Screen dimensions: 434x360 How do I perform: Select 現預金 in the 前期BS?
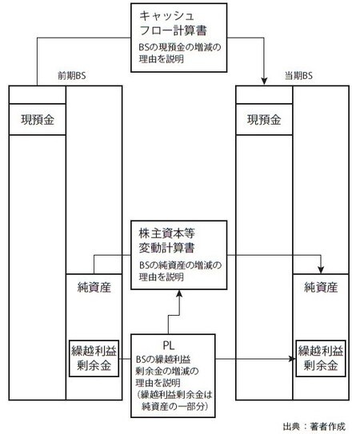[x=36, y=121]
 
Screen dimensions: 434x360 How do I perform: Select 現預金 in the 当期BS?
[x=265, y=121]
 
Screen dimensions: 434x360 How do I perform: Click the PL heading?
[x=168, y=344]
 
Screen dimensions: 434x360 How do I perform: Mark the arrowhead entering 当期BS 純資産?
[x=322, y=269]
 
